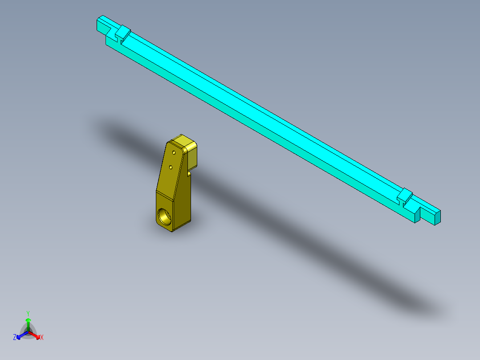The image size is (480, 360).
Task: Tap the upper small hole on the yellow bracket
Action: pos(174,152)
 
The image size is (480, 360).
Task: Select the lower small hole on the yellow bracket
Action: pos(171,167)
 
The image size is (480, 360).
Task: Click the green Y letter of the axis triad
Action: pos(28,313)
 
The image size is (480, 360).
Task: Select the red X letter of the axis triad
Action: pos(42,338)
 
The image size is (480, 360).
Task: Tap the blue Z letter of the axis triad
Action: pos(15,337)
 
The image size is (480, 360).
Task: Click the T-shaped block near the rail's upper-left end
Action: pos(122,33)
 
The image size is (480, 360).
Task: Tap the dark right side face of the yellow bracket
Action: pos(184,200)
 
